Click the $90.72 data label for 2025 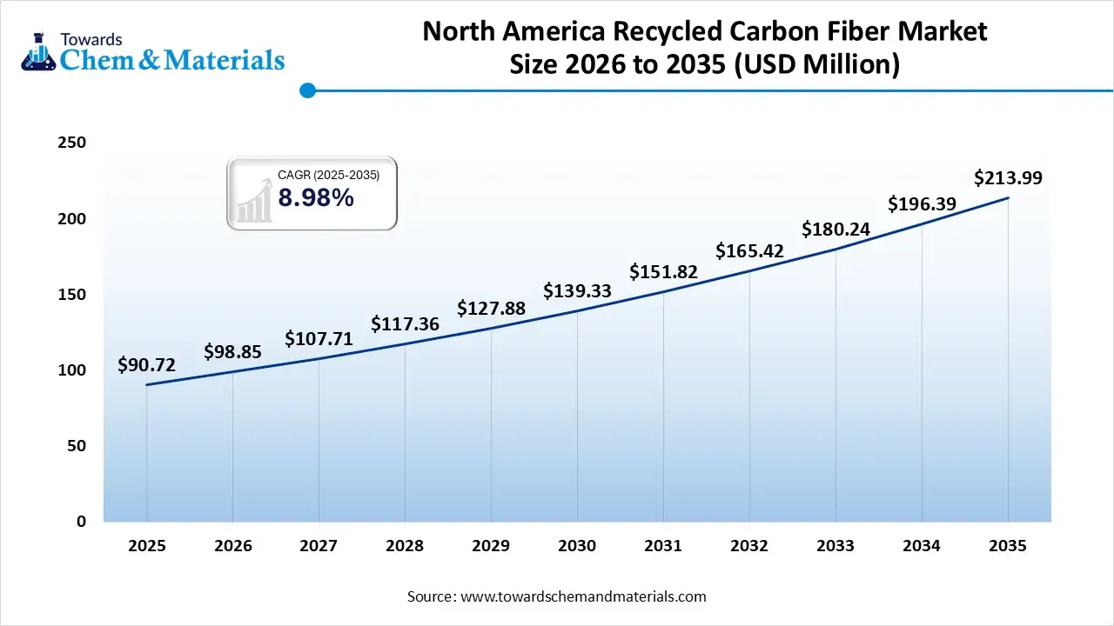146,365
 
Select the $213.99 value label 1008,178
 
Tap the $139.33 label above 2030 577,291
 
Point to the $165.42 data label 749,252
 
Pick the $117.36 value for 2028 405,324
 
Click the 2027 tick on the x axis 319,546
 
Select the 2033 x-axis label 835,546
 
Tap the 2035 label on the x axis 1008,546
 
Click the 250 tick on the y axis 71,143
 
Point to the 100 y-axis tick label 71,370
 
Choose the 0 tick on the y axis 81,522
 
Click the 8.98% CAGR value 316,199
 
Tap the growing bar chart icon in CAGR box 253,201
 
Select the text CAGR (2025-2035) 328,176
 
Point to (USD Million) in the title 817,64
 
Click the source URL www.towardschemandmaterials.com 582,597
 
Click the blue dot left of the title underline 306,90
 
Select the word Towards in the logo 91,39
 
